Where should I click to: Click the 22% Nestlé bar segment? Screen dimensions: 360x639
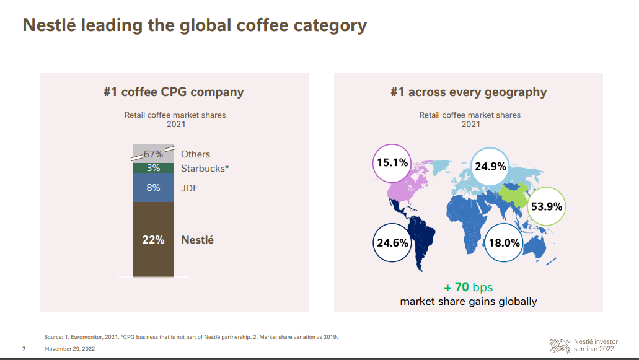pyautogui.click(x=153, y=239)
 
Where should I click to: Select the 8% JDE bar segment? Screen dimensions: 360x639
pyautogui.click(x=153, y=187)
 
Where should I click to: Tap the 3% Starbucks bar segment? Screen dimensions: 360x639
pyautogui.click(x=153, y=168)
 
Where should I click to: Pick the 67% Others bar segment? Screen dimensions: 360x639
pyautogui.click(x=153, y=154)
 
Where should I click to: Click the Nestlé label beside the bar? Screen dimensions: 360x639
pyautogui.click(x=197, y=240)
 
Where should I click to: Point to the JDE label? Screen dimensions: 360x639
pyautogui.click(x=190, y=188)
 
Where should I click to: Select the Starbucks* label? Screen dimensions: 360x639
pyautogui.click(x=205, y=169)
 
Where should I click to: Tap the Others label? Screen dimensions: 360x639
pyautogui.click(x=195, y=154)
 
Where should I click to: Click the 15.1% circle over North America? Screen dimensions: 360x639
pyautogui.click(x=392, y=163)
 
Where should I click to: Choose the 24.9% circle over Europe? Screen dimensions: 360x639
pyautogui.click(x=490, y=166)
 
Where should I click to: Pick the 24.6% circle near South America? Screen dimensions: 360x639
pyautogui.click(x=393, y=242)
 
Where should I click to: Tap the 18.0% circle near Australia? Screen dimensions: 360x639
pyautogui.click(x=504, y=242)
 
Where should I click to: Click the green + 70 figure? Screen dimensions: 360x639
pyautogui.click(x=456, y=288)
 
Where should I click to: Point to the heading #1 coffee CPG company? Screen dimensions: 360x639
pyautogui.click(x=174, y=92)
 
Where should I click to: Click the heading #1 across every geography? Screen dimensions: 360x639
pyautogui.click(x=469, y=92)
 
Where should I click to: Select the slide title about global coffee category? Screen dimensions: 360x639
pyautogui.click(x=195, y=25)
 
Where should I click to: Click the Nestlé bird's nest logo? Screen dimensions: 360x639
pyautogui.click(x=560, y=345)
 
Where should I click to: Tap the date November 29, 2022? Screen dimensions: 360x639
pyautogui.click(x=70, y=349)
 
